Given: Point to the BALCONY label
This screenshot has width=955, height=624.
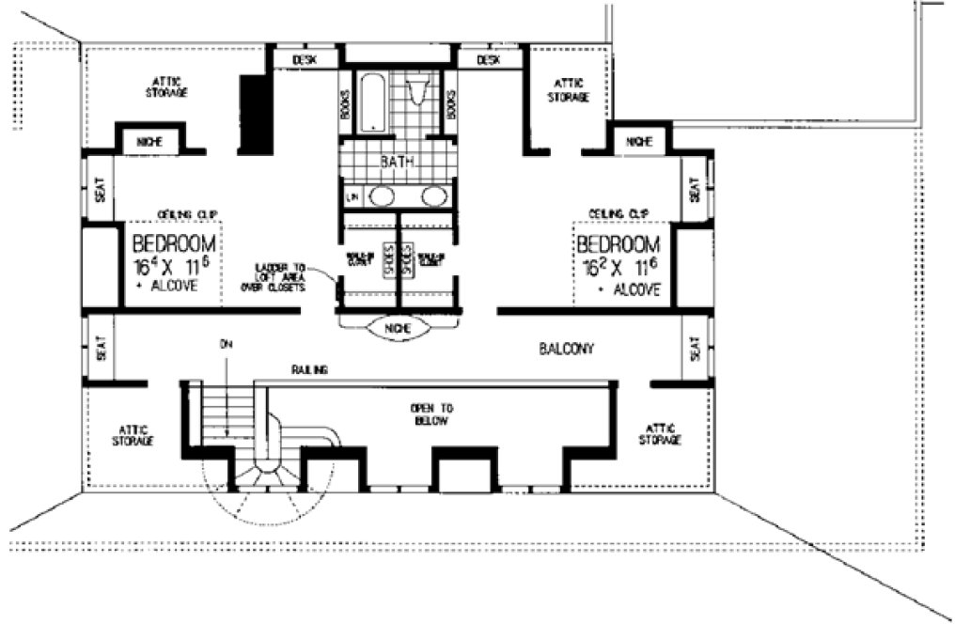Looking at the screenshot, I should pyautogui.click(x=567, y=349).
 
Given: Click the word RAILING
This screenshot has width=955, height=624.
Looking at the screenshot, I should pyautogui.click(x=308, y=371).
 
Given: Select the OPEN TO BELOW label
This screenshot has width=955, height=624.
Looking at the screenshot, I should pyautogui.click(x=432, y=414).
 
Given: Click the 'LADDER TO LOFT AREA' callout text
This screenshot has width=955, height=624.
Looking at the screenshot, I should pyautogui.click(x=281, y=277).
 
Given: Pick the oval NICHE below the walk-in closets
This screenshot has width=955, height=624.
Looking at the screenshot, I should pyautogui.click(x=395, y=330).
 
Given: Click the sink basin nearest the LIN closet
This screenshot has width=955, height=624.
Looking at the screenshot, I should pyautogui.click(x=380, y=196).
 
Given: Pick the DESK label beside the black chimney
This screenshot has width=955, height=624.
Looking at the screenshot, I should pyautogui.click(x=305, y=59).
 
